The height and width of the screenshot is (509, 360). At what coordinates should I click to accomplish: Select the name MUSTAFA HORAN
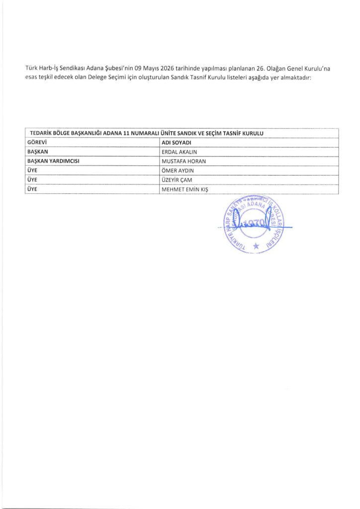point(183,161)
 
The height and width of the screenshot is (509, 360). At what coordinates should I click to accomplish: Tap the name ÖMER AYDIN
point(177,170)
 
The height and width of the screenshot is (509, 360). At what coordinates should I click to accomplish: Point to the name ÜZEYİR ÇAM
point(177,180)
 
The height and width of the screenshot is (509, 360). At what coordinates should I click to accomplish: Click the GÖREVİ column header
point(36,143)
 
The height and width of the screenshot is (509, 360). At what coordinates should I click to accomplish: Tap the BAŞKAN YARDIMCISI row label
point(54,161)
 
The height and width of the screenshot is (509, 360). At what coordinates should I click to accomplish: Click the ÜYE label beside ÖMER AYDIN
point(32,170)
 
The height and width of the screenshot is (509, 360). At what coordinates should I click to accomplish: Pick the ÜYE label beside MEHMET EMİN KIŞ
point(32,189)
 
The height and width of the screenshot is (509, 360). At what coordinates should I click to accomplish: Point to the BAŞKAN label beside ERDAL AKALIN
point(38,152)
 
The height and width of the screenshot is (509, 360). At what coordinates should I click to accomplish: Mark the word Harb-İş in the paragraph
point(49,67)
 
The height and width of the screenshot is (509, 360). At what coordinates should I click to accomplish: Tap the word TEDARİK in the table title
point(42,133)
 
